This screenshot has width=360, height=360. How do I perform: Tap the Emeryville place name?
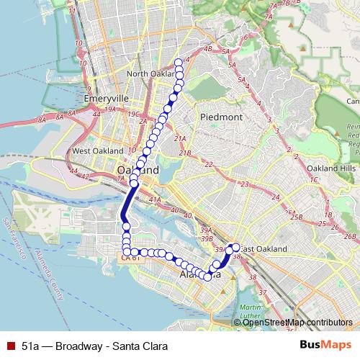pyautogui.click(x=105, y=97)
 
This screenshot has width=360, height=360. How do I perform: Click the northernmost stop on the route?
pyautogui.click(x=179, y=61)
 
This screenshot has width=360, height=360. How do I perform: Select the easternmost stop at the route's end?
pyautogui.click(x=236, y=248)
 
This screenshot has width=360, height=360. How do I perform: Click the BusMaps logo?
pyautogui.click(x=325, y=344)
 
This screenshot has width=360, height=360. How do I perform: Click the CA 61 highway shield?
pyautogui.click(x=130, y=256)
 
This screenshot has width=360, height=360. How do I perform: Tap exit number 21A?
pyautogui.click(x=180, y=138)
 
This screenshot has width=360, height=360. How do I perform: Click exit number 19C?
pyautogui.click(x=132, y=114)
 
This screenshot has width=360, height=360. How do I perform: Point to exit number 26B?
pyautogui.click(x=351, y=236)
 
